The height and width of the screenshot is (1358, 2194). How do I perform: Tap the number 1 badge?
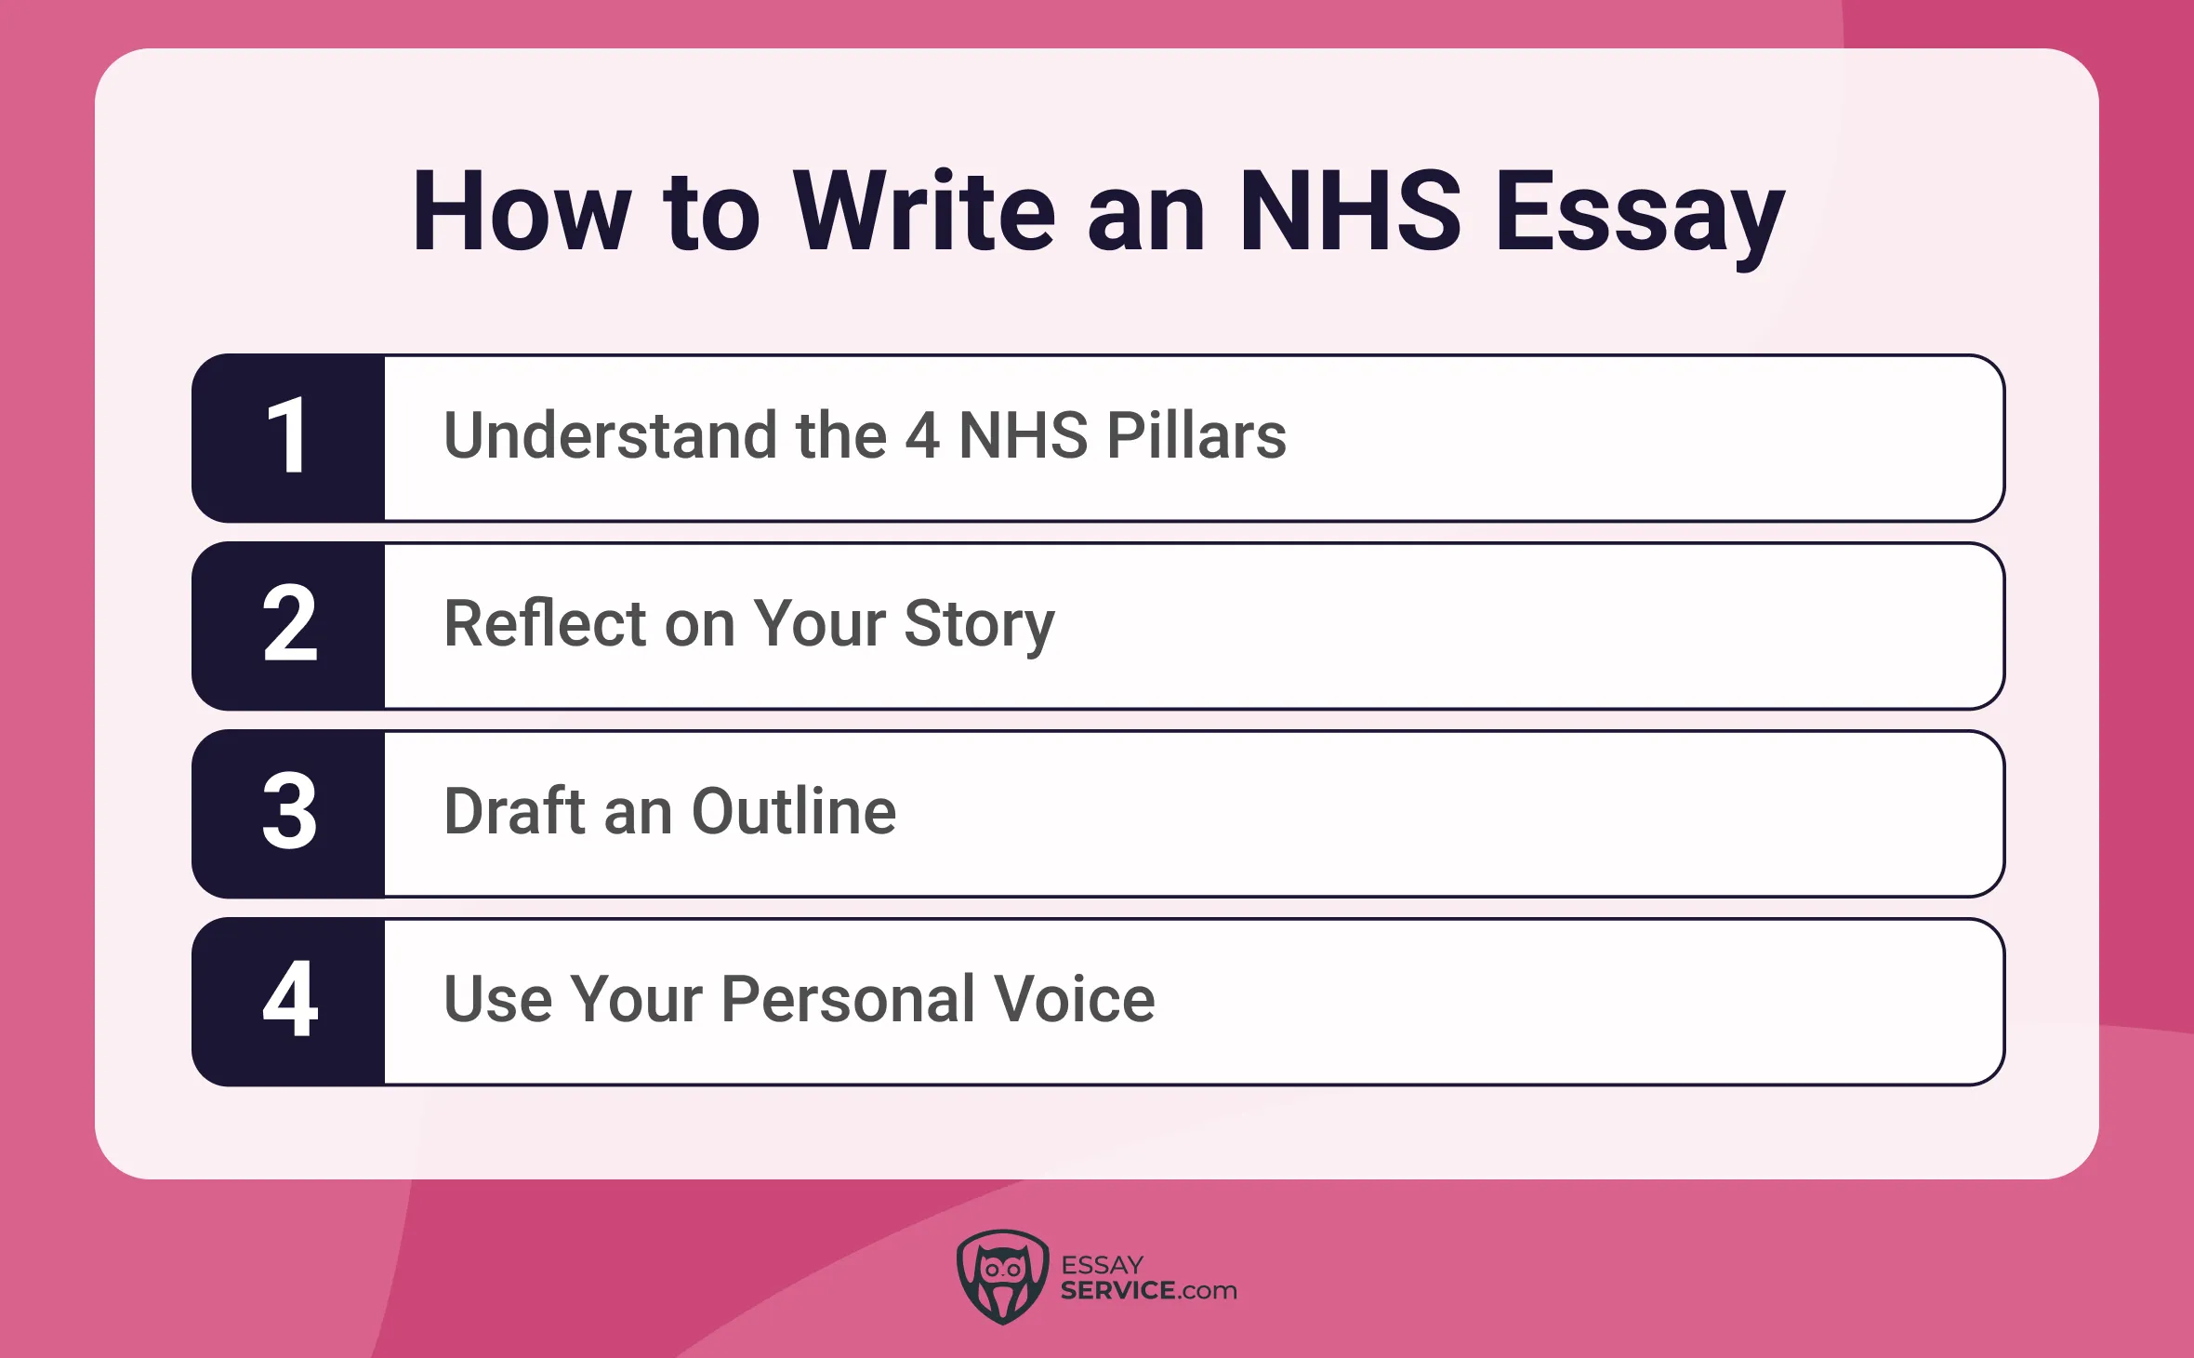288,437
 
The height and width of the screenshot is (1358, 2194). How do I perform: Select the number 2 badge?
288,625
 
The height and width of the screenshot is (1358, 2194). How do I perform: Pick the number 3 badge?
288,813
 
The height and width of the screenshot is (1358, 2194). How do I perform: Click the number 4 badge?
288,1001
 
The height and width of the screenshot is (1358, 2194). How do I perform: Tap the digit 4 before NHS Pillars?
921,435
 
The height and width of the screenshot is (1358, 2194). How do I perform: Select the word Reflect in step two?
545,623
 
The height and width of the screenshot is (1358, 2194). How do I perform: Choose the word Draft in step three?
515,811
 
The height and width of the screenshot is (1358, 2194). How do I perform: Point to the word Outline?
794,811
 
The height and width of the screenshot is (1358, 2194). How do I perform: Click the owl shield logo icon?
1002,1277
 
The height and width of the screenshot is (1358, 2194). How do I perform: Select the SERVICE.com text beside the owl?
1148,1291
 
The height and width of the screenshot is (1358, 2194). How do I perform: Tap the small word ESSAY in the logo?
1102,1265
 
